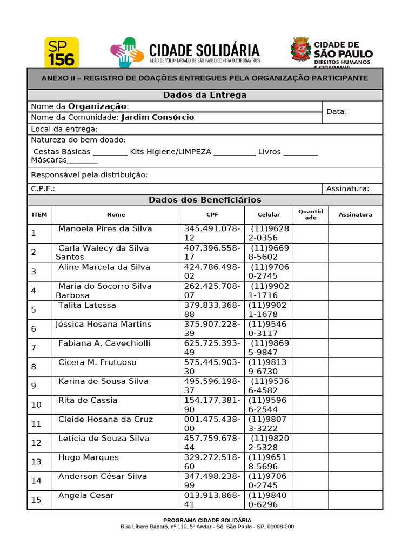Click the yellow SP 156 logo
(61, 52)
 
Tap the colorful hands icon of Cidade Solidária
(127, 52)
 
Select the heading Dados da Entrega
(205, 95)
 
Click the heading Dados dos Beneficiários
(205, 200)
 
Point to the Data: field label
(337, 112)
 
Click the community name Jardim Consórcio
(157, 117)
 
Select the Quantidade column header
(311, 214)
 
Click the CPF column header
(212, 214)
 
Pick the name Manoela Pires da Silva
(105, 228)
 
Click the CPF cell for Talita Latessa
(212, 309)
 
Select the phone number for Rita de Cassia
(268, 404)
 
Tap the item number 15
(36, 500)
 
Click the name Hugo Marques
(88, 457)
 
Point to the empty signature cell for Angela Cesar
(355, 500)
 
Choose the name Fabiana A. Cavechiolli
(104, 343)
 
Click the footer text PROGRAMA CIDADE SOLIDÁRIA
(207, 520)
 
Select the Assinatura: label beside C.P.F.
(347, 189)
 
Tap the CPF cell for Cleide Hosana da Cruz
(212, 423)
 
